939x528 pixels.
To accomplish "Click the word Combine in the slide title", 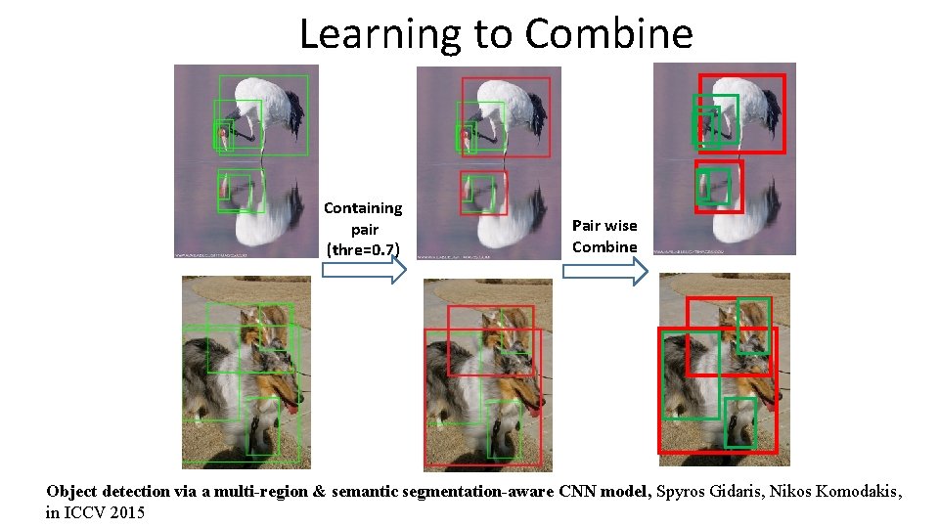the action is tap(608, 33).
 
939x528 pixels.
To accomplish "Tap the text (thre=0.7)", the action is tap(363, 250).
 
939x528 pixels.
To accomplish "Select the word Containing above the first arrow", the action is tap(363, 207).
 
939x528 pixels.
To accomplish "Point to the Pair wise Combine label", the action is tap(604, 236).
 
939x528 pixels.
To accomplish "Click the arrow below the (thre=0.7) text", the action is tap(363, 272).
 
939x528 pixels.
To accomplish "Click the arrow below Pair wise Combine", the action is tap(604, 272).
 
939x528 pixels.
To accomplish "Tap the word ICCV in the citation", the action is tap(80, 512).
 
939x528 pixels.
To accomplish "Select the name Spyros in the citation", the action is tap(686, 492).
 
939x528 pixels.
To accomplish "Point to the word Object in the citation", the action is tap(71, 492).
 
